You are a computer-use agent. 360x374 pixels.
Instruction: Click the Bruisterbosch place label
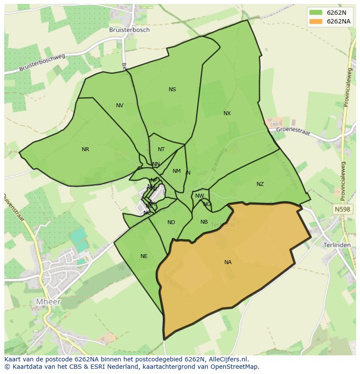(130, 30)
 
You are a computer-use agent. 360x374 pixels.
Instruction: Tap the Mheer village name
(48, 301)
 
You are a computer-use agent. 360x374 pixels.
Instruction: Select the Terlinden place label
(337, 245)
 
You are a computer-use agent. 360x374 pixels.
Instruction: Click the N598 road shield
(342, 209)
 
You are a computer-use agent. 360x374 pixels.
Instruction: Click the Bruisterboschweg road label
(42, 63)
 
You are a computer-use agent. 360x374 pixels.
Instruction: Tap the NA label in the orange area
(228, 262)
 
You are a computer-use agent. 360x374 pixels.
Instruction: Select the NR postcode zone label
(85, 149)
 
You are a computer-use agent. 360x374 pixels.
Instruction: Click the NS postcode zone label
(172, 89)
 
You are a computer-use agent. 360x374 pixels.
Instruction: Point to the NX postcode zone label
(227, 113)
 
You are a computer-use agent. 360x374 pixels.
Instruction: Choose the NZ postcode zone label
(260, 184)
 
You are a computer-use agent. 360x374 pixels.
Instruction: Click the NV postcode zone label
(120, 106)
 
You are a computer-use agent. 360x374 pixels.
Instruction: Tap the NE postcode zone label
(144, 256)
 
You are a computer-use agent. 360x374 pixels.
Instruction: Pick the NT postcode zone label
(161, 149)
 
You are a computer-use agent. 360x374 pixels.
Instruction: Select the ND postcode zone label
(171, 222)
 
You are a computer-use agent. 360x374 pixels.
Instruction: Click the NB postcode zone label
(204, 222)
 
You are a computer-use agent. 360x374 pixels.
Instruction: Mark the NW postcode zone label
(200, 196)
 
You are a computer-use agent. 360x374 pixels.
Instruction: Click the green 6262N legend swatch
(316, 12)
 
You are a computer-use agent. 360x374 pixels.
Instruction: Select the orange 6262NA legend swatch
(316, 21)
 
